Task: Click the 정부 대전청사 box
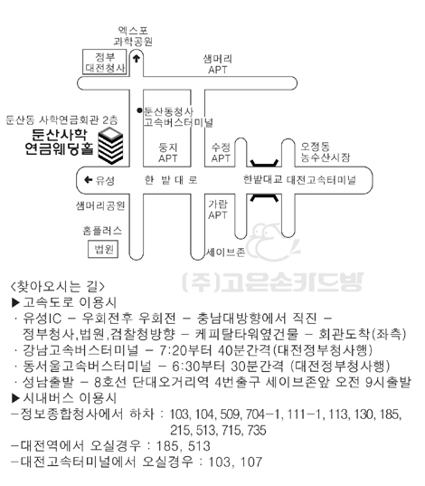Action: (x=105, y=62)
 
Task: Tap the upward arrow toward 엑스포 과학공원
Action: (x=137, y=58)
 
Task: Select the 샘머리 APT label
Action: (x=217, y=64)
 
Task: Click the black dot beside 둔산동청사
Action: (x=139, y=110)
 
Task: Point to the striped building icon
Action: (x=110, y=147)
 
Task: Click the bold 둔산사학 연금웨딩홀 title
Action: (x=59, y=142)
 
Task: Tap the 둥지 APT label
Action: (x=167, y=152)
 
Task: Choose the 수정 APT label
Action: (x=221, y=152)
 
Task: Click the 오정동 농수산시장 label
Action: (x=326, y=152)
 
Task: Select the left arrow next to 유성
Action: (x=88, y=179)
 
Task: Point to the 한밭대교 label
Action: (x=262, y=179)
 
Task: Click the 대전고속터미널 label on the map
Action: (x=321, y=179)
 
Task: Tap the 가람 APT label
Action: (x=218, y=210)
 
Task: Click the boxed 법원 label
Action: (x=103, y=249)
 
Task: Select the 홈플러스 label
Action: (x=102, y=231)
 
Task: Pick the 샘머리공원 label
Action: (x=100, y=205)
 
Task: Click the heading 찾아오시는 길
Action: (x=58, y=286)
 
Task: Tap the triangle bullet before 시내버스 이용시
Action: (x=15, y=398)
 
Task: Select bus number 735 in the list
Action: (x=257, y=430)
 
